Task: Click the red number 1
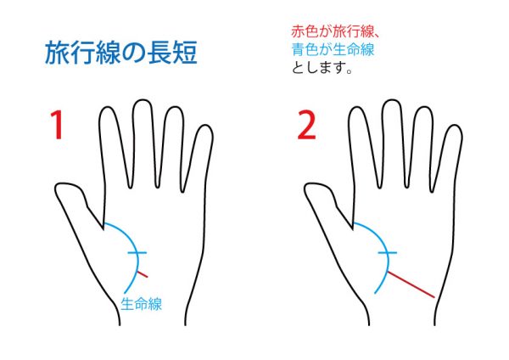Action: [x=57, y=125]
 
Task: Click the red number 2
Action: [x=306, y=125]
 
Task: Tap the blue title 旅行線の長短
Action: [x=120, y=52]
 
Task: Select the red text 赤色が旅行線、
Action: [x=335, y=32]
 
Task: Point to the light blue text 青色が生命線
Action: [x=333, y=50]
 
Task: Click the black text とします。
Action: [x=322, y=68]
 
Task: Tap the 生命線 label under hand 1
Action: [x=141, y=305]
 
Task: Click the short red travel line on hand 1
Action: [x=143, y=273]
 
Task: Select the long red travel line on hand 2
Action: [x=411, y=284]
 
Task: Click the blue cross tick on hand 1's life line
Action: [x=137, y=252]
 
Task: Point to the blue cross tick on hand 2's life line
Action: [x=387, y=252]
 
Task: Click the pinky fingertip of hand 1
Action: [x=205, y=126]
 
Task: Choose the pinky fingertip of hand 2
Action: [x=455, y=126]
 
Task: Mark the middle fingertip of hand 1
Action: [x=142, y=100]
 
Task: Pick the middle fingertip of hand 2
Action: [x=392, y=100]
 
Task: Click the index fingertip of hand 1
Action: [x=107, y=108]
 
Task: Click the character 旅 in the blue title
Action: [x=57, y=52]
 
